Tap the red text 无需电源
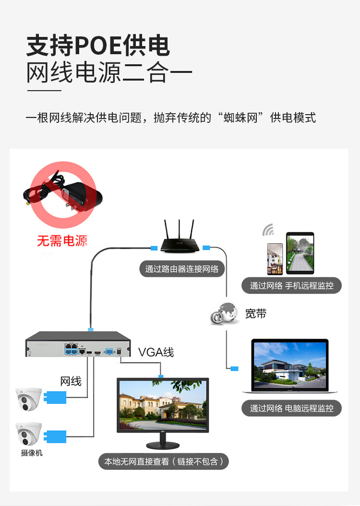62,241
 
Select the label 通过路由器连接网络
182,269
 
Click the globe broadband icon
225,313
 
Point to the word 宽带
256,313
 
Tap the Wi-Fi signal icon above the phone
268,229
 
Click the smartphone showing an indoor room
275,259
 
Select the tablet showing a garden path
300,253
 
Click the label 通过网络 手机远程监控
291,285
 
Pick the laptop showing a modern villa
290,366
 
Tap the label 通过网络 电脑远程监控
291,408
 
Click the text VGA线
156,352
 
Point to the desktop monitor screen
163,405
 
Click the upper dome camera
29,399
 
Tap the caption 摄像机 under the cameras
32,453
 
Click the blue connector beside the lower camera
55,436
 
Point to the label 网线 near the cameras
71,381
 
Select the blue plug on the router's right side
206,248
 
